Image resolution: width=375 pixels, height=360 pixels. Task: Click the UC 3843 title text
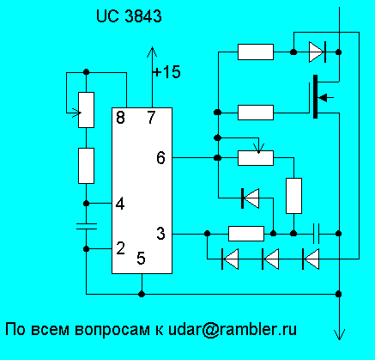click(x=129, y=16)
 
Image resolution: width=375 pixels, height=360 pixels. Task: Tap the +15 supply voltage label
click(x=166, y=71)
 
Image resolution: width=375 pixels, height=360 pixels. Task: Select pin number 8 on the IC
click(x=121, y=117)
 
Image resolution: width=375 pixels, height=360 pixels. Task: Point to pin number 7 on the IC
click(x=151, y=117)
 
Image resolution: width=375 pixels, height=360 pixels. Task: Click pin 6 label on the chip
click(x=160, y=158)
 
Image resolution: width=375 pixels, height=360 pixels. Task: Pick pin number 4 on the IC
click(x=120, y=204)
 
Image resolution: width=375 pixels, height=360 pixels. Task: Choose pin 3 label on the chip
click(x=160, y=234)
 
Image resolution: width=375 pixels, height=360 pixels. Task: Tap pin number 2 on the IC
click(x=121, y=248)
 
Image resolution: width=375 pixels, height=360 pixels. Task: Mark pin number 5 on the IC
click(x=141, y=258)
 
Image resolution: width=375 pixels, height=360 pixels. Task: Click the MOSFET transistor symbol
click(x=320, y=97)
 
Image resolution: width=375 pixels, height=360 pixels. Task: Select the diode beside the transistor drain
click(x=318, y=52)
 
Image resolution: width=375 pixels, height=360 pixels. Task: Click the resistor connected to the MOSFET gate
click(x=256, y=113)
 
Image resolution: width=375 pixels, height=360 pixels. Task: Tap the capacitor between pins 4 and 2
click(x=86, y=226)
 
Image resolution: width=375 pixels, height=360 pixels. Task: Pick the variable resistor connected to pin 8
click(x=86, y=110)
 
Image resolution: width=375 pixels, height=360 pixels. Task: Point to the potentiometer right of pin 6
click(x=256, y=158)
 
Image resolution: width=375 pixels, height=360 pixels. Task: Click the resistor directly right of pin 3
click(x=246, y=234)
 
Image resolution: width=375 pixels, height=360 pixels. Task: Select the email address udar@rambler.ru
click(x=233, y=329)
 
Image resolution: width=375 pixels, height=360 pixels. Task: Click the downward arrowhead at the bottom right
click(x=339, y=334)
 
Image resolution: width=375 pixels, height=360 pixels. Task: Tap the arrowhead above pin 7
click(x=152, y=52)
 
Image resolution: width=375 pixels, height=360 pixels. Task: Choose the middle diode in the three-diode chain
click(x=270, y=259)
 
